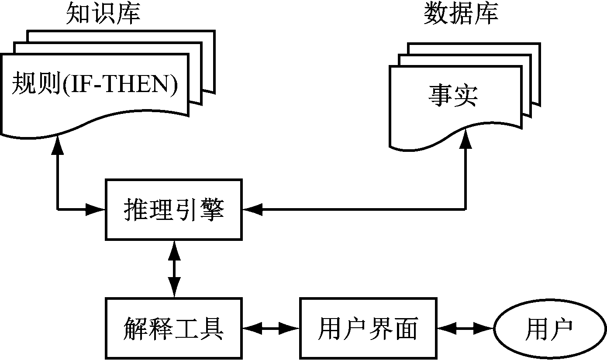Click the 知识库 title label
(103, 14)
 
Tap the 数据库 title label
(461, 14)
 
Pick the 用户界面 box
(368, 328)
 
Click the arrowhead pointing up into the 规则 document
(58, 144)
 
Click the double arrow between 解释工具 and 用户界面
(271, 328)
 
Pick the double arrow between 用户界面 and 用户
(466, 328)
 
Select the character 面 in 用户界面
(406, 328)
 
